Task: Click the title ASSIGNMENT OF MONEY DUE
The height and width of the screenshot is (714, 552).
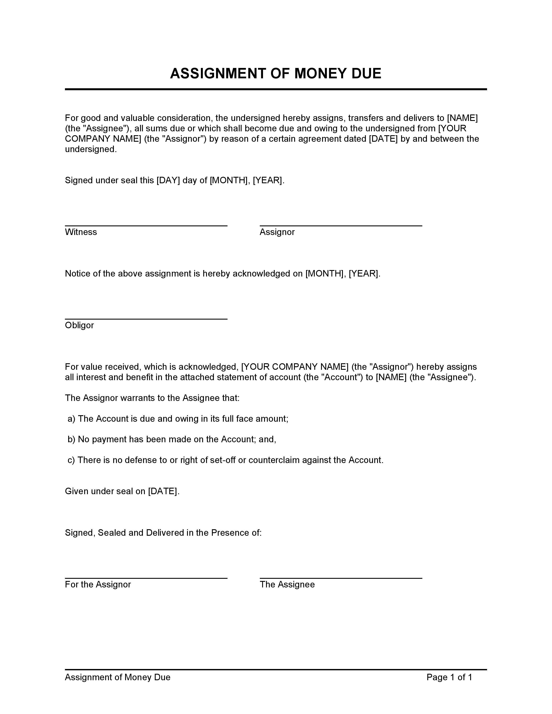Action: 275,74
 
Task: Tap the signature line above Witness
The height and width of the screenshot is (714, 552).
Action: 146,226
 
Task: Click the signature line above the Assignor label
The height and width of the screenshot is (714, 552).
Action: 341,226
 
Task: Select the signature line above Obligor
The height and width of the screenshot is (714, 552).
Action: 146,319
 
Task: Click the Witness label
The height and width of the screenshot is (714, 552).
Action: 81,232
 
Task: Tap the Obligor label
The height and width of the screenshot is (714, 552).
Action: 79,325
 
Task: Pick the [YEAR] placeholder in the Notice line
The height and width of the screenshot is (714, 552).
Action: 363,274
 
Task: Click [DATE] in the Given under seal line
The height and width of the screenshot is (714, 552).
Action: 163,491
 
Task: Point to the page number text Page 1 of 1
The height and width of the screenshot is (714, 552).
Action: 449,677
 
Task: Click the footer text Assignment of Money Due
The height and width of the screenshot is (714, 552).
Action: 117,677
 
